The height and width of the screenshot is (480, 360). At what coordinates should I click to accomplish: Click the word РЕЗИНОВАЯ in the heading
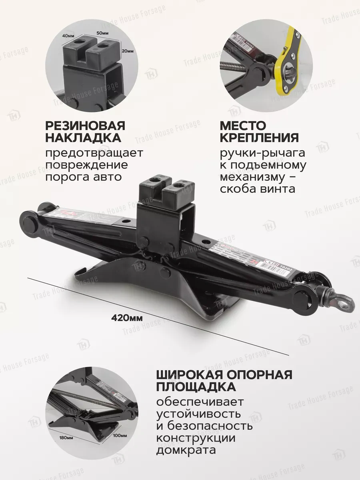click(85, 126)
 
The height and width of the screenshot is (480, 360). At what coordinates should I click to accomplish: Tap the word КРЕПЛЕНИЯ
click(259, 138)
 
